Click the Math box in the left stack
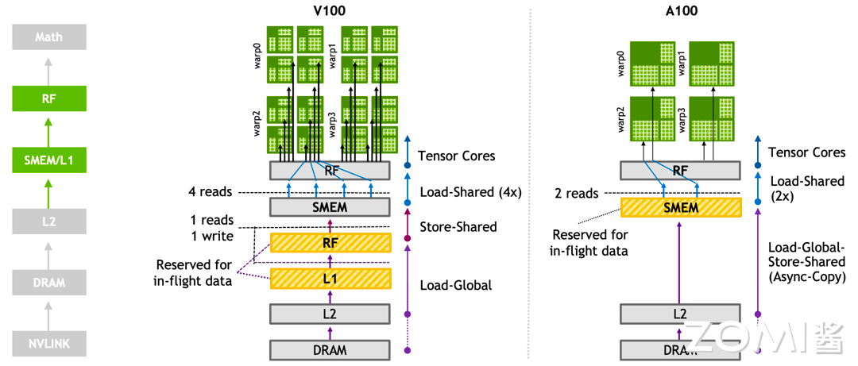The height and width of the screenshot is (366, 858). pos(48,37)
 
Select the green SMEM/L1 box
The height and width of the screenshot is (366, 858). pos(48,161)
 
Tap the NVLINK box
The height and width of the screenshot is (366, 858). pos(48,344)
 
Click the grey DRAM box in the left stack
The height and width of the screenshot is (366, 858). pos(48,283)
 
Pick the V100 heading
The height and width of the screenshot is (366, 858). pos(330,11)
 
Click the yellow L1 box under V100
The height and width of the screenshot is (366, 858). pos(330,279)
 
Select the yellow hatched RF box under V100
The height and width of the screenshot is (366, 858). pos(330,243)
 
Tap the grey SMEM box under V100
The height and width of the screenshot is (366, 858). pos(330,207)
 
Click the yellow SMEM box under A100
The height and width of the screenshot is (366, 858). pos(681,208)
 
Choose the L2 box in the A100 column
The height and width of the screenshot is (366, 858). pos(680,314)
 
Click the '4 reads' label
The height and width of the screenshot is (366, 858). pos(211,192)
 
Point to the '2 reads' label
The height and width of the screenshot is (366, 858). pos(577,193)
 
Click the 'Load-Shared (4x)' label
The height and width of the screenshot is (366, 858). pos(469,192)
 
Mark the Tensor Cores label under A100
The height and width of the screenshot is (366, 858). pos(806,152)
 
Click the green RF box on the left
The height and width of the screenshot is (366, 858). pos(48,100)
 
